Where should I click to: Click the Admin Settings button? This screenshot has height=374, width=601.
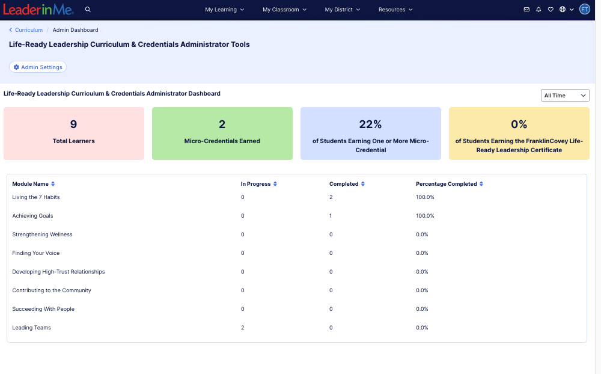tap(38, 67)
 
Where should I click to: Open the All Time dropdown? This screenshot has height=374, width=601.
tap(565, 96)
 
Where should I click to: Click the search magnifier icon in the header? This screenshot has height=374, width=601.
tap(88, 10)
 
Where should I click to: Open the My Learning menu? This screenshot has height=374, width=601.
tap(224, 10)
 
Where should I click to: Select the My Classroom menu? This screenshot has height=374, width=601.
tap(284, 10)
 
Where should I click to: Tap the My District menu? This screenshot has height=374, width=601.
tap(342, 10)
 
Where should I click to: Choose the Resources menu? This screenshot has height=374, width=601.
tap(395, 10)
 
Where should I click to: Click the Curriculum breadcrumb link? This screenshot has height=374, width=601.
tap(28, 30)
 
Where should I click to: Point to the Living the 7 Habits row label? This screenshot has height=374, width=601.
tap(36, 197)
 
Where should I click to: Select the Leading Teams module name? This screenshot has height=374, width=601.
tap(31, 328)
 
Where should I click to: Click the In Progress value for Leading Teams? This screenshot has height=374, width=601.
tap(243, 328)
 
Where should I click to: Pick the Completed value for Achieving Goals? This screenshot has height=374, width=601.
tap(331, 216)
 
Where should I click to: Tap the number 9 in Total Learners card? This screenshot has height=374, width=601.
tap(73, 124)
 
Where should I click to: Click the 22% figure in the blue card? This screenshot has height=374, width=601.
tap(370, 124)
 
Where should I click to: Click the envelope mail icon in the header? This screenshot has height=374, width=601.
tap(526, 10)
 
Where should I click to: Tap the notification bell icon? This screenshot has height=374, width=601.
tap(538, 10)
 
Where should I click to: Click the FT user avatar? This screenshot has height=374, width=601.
tap(585, 10)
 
